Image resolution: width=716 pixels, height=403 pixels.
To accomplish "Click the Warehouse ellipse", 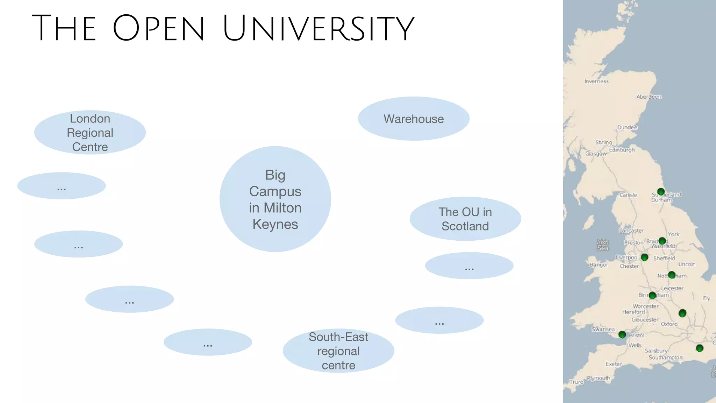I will [414, 119].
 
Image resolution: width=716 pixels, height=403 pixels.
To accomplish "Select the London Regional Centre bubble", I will [90, 133].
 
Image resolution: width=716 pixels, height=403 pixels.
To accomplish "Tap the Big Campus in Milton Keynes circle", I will [275, 199].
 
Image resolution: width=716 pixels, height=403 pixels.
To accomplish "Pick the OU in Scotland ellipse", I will [465, 219].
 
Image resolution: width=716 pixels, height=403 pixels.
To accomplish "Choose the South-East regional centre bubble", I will [338, 351].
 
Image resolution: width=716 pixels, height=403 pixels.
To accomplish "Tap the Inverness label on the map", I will [596, 82].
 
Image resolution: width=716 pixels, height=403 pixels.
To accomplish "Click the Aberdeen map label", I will [649, 97].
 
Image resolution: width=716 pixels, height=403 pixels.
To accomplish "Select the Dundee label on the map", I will [627, 127].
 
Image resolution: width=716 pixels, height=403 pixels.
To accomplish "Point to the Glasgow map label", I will [596, 154].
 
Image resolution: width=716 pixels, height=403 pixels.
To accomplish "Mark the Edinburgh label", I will [622, 150].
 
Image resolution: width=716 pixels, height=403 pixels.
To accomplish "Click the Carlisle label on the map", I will [628, 195].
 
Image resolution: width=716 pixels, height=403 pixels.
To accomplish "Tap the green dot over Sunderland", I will [661, 192].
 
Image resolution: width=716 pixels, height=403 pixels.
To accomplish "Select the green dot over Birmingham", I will [652, 295].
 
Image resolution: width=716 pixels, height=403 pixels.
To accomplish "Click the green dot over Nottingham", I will [672, 275].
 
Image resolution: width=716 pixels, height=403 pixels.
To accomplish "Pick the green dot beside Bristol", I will [622, 335].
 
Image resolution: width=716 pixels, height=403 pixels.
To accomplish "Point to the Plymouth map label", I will [599, 378].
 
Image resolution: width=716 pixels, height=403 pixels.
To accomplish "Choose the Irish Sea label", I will [603, 245].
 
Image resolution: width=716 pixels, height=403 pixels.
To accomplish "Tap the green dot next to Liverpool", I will [645, 257].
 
